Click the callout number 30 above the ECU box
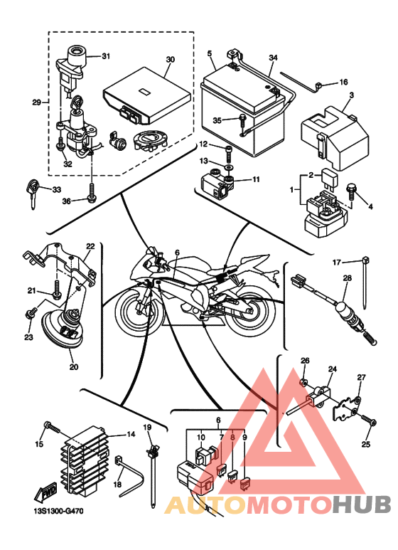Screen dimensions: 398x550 tap(170, 60)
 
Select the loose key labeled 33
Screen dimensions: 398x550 tap(32, 194)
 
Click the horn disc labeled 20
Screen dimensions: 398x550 tap(63, 329)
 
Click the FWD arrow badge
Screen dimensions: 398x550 tap(44, 494)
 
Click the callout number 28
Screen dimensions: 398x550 tap(347, 278)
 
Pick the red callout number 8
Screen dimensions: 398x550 tap(232, 438)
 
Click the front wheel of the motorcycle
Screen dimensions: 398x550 tap(139, 308)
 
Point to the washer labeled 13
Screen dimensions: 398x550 tap(228, 166)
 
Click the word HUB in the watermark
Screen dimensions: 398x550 tap(362, 505)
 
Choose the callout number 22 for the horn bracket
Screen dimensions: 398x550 tap(90, 246)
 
